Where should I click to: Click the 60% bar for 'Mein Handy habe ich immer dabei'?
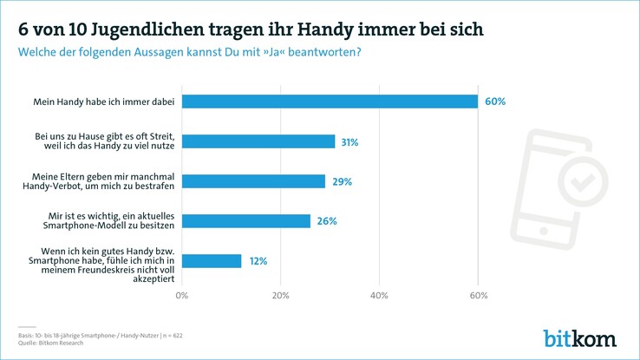pyautogui.click(x=330, y=101)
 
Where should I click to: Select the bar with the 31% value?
pyautogui.click(x=258, y=141)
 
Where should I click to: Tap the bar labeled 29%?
pyautogui.click(x=253, y=181)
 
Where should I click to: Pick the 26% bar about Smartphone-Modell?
pyautogui.click(x=246, y=221)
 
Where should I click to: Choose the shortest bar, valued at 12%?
pyautogui.click(x=212, y=261)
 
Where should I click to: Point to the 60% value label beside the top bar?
pyautogui.click(x=495, y=101)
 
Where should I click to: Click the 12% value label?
pyautogui.click(x=258, y=261)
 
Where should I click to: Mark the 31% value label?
pyautogui.click(x=349, y=141)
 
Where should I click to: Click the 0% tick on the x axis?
pyautogui.click(x=182, y=296)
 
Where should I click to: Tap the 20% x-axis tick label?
pyautogui.click(x=280, y=296)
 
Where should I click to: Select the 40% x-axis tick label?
pyautogui.click(x=379, y=296)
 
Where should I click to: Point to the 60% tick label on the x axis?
pyautogui.click(x=478, y=296)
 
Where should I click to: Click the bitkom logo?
pyautogui.click(x=579, y=337)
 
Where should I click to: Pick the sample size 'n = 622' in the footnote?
pyautogui.click(x=168, y=335)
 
